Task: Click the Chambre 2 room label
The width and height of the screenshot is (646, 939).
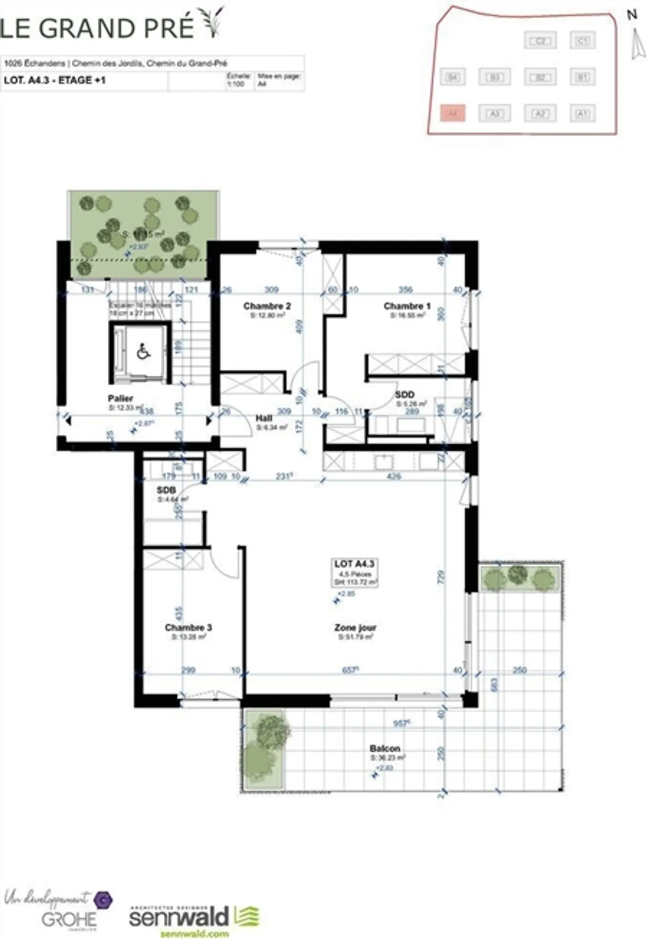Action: (267, 306)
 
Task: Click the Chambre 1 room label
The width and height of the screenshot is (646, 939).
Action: (407, 306)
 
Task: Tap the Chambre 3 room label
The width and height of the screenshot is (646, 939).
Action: (188, 627)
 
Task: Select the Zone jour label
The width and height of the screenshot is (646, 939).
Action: (355, 627)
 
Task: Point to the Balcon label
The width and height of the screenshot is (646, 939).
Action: (385, 748)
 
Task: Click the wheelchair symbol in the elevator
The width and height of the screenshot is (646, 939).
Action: (143, 352)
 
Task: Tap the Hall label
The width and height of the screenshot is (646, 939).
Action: (264, 419)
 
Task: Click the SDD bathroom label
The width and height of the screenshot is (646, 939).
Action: (404, 395)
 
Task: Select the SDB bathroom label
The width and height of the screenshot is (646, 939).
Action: (166, 490)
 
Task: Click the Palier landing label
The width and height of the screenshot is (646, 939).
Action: (120, 398)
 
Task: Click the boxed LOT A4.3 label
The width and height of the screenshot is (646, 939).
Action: (354, 564)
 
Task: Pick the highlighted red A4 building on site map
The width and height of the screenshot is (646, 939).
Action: (453, 114)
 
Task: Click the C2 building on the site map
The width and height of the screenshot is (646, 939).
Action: (540, 41)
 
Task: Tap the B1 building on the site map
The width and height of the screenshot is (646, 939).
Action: (582, 77)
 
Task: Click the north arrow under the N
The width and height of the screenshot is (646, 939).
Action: (635, 44)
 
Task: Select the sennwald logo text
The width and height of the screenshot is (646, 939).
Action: (179, 916)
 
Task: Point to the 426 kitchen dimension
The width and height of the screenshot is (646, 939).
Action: (393, 476)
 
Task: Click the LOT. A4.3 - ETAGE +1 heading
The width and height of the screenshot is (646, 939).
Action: (55, 81)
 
